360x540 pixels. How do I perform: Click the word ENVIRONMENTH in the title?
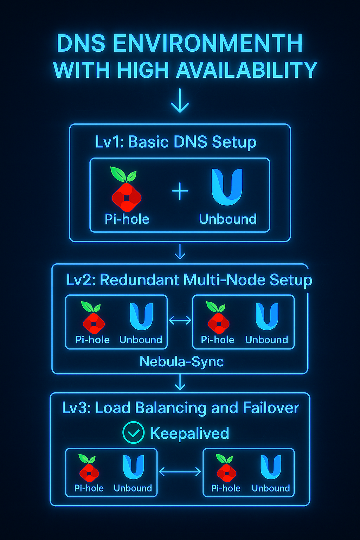click(207, 44)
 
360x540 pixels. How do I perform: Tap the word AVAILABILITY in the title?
click(246, 70)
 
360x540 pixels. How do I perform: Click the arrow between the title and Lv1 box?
click(180, 101)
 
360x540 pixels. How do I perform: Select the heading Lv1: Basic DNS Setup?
click(176, 142)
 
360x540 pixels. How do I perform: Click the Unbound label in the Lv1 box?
click(228, 219)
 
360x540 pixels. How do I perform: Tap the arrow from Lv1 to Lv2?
click(180, 252)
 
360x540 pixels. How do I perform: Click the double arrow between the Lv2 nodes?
click(180, 320)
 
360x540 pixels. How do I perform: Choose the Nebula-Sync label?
click(181, 362)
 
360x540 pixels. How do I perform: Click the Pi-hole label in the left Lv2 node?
click(92, 340)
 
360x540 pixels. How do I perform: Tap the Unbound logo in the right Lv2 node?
click(267, 317)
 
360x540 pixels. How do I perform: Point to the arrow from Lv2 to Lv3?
click(180, 382)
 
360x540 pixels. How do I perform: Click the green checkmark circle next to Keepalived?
click(134, 432)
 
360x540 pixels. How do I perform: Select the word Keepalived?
click(189, 433)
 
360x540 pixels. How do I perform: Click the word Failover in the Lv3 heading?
click(271, 408)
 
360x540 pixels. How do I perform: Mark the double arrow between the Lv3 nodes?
click(180, 472)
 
